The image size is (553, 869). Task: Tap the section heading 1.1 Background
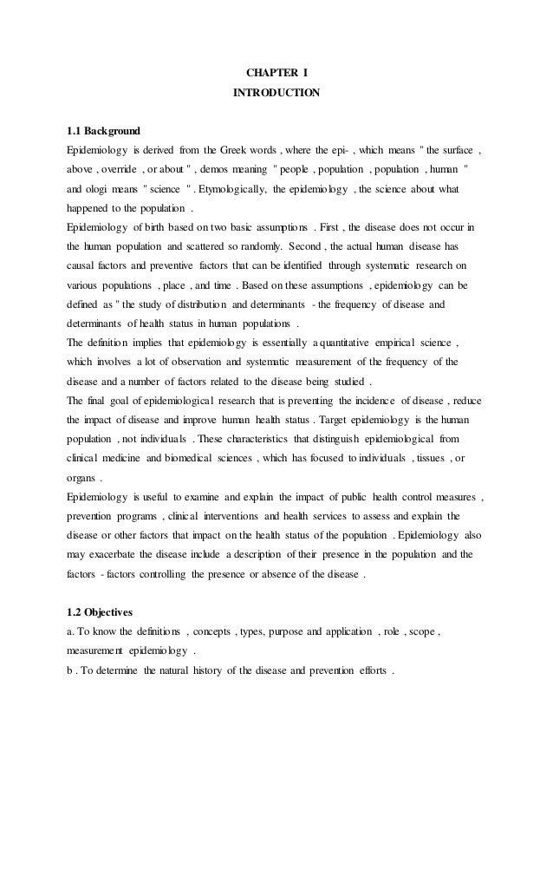click(103, 132)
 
